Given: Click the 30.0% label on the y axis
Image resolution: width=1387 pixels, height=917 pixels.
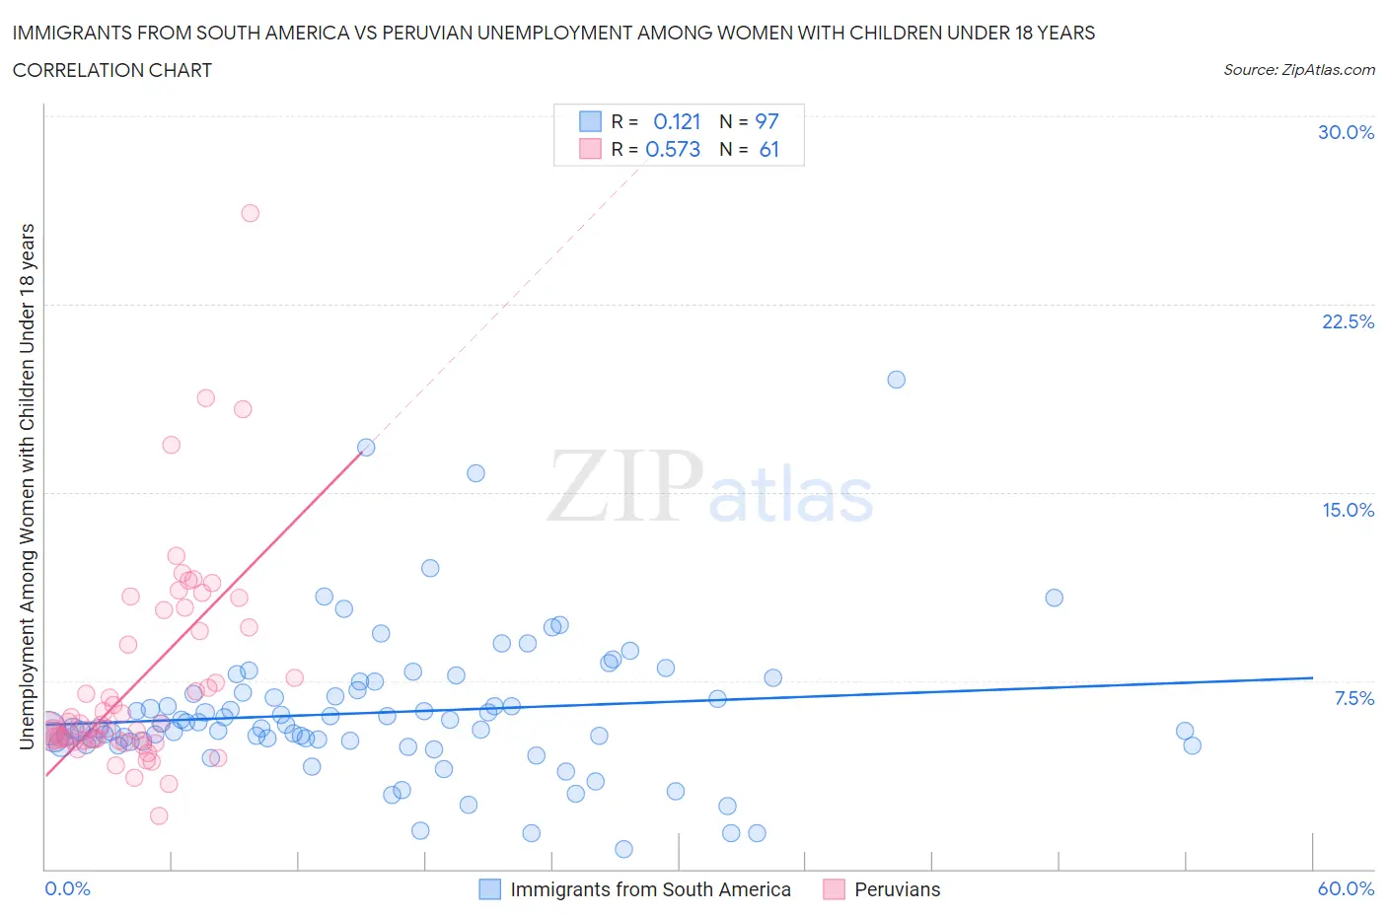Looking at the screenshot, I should (1346, 132).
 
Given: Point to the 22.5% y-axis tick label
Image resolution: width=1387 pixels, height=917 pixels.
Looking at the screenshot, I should (1348, 321).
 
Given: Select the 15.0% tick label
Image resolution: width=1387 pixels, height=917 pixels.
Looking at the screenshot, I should (1348, 510).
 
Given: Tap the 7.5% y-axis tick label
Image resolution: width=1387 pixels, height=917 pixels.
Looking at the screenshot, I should (1353, 698).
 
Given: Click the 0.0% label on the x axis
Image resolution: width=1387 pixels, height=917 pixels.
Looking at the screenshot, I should (67, 888).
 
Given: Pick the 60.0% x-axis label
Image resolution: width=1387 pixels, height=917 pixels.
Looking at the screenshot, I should (1346, 888).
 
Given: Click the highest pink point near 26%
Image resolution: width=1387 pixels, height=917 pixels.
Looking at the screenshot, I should (250, 213).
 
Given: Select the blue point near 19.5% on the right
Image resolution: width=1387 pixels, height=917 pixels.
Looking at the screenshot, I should (896, 380).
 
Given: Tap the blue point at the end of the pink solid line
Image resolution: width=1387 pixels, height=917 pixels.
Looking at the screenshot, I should (366, 447).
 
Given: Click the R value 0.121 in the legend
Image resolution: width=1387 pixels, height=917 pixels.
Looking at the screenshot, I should (677, 121).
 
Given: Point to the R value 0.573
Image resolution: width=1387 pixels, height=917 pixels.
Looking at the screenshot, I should (673, 149).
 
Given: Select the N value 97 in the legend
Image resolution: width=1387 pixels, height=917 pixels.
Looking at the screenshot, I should (766, 121).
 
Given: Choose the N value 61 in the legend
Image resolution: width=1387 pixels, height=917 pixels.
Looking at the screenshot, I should (768, 149).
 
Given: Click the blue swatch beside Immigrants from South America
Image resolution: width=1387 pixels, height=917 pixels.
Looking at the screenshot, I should (490, 889).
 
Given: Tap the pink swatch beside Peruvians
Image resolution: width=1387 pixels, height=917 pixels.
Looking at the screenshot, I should (835, 889).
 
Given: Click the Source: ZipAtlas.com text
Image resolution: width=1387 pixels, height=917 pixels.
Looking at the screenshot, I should (1298, 69).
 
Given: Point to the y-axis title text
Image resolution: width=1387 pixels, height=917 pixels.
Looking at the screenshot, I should (28, 486).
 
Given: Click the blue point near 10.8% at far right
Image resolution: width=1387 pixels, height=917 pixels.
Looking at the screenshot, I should (1054, 598).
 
